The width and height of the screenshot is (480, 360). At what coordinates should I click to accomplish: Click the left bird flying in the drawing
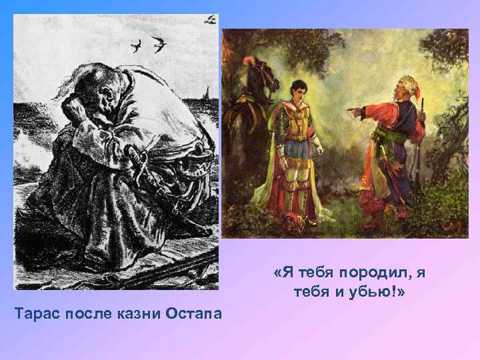[x=137, y=46]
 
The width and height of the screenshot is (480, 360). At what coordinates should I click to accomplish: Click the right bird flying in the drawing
[x=159, y=45]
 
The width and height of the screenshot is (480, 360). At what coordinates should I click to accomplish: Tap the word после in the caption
[x=87, y=313]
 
